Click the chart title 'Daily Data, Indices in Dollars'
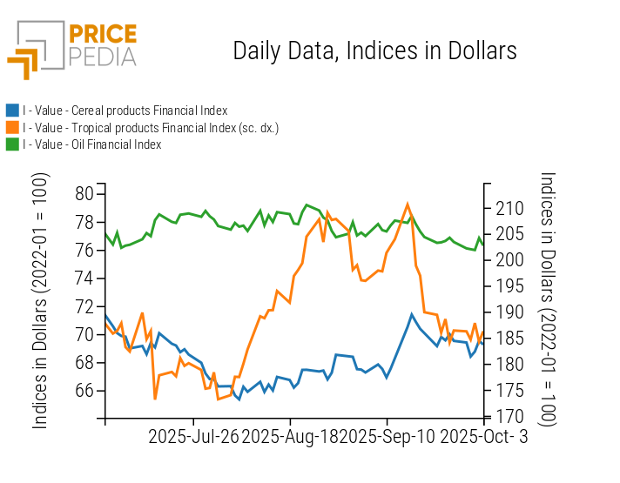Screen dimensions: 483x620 click(x=374, y=50)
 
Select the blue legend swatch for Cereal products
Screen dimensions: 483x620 click(x=12, y=111)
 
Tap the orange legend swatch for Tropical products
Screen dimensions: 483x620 click(x=12, y=128)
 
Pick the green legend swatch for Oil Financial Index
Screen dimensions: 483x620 click(x=12, y=144)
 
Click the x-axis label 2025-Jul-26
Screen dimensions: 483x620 click(x=193, y=436)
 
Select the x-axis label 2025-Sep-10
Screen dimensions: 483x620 click(x=387, y=436)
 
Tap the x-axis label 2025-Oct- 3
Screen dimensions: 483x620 click(x=484, y=436)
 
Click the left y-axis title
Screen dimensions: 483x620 click(x=41, y=300)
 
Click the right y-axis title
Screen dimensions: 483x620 click(x=547, y=298)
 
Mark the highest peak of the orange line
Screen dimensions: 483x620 click(x=408, y=204)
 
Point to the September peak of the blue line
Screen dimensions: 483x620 click(x=411, y=314)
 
